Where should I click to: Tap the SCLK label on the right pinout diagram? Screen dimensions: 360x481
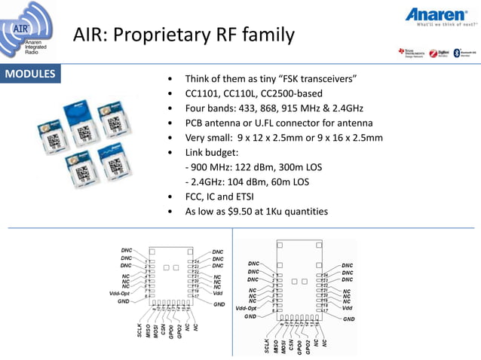pyautogui.click(x=267, y=345)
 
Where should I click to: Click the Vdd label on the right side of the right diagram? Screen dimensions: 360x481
pyautogui.click(x=347, y=307)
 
